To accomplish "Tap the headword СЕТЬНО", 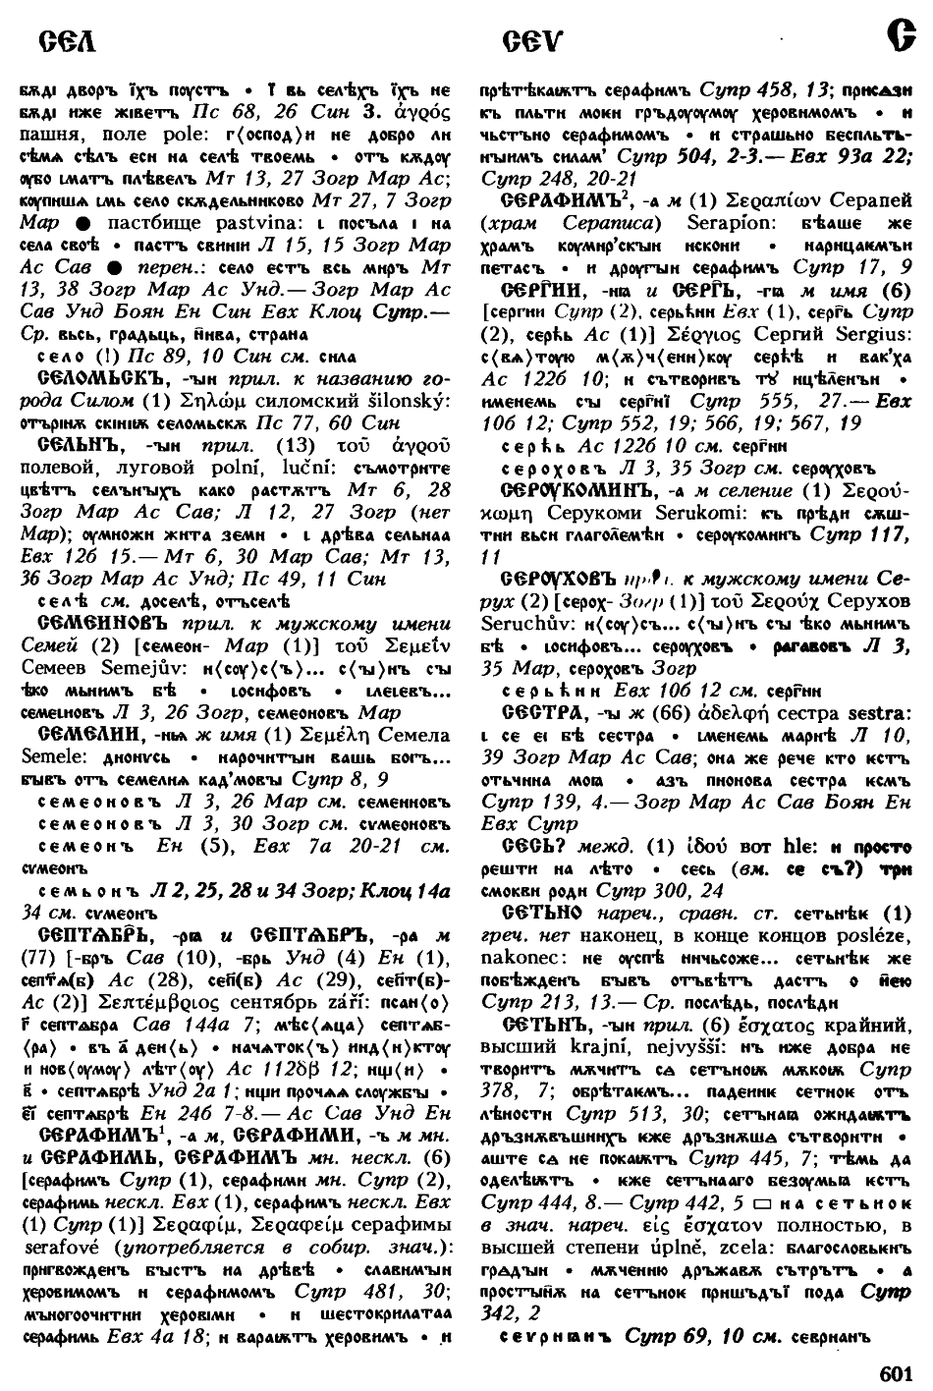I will tap(542, 912).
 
